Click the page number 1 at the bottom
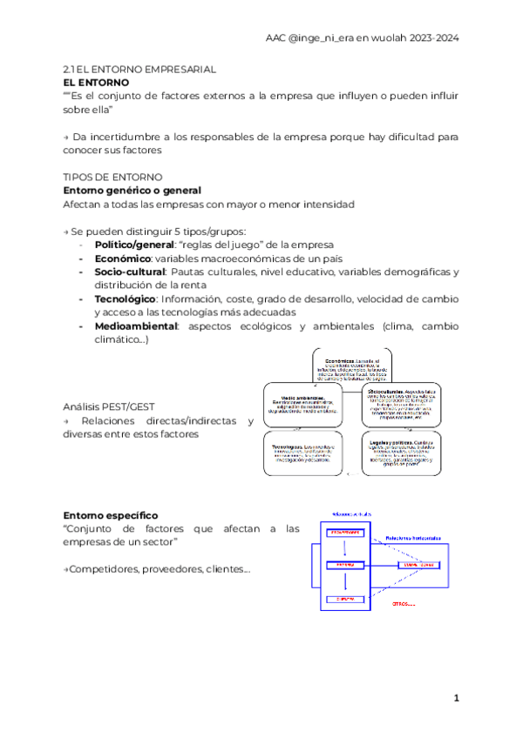point(456,699)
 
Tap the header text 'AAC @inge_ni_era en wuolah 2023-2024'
point(362,38)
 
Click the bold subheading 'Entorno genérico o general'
point(132,190)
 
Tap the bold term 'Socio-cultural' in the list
point(129,272)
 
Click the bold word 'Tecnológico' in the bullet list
point(125,299)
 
